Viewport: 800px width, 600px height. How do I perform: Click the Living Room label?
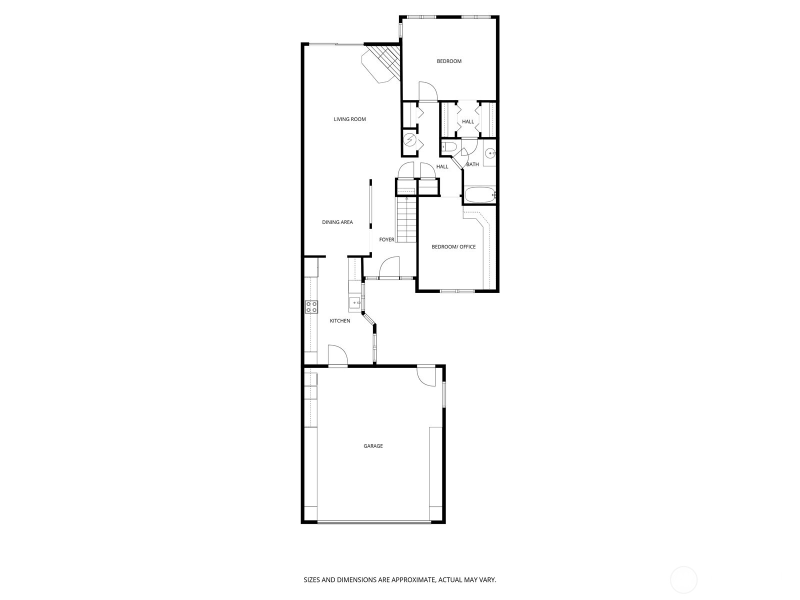tap(350, 119)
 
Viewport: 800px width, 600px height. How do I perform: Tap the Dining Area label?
tap(337, 222)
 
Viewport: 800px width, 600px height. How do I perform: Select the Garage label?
tap(373, 446)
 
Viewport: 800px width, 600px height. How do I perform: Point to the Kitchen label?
tap(340, 320)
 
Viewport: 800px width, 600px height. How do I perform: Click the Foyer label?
tap(386, 240)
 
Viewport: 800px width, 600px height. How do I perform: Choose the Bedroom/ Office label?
tap(453, 246)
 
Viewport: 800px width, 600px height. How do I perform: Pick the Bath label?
tap(472, 164)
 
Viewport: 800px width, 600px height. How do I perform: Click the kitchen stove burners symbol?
tap(311, 307)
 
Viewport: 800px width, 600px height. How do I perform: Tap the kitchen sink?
tap(354, 302)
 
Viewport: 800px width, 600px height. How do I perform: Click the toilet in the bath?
tap(448, 146)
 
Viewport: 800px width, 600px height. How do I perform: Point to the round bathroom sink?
tap(490, 153)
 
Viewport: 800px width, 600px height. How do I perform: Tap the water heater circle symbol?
tap(410, 140)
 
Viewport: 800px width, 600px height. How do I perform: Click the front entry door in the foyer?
tap(389, 268)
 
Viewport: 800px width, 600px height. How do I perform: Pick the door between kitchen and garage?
tap(337, 356)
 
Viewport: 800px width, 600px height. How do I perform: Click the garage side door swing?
tap(426, 377)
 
